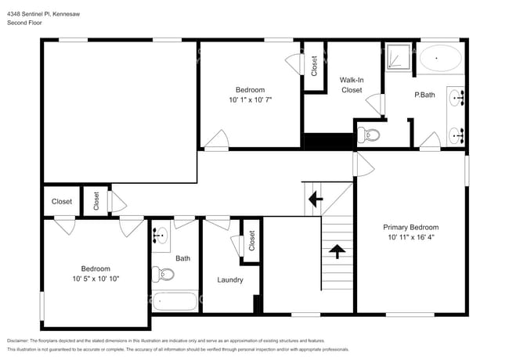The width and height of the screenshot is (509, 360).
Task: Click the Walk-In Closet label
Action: tap(351, 85)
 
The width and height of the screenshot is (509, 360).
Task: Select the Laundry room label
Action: tap(229, 279)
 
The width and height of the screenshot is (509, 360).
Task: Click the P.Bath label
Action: tap(424, 95)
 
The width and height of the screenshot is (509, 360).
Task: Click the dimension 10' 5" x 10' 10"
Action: tap(96, 279)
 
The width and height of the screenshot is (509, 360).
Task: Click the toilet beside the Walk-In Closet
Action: tap(369, 135)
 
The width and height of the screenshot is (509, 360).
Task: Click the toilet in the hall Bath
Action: tap(163, 274)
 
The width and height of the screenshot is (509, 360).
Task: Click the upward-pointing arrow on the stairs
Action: tap(338, 251)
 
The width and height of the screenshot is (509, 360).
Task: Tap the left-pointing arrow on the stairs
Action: tap(315, 199)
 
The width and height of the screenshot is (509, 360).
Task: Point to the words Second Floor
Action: tap(25, 23)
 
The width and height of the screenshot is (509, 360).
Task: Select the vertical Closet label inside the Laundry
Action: tap(252, 240)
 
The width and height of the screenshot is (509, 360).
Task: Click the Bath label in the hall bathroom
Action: tap(182, 258)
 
